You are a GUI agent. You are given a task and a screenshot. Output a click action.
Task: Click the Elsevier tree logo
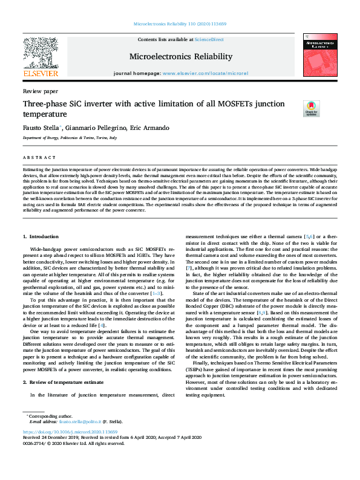pyautogui.click(x=40, y=52)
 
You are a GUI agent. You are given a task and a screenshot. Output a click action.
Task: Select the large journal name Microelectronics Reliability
pyautogui.click(x=181, y=57)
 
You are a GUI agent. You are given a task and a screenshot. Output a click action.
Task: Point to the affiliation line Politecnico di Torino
pyautogui.click(x=63, y=138)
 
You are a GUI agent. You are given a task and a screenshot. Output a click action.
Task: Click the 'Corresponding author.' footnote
pyautogui.click(x=52, y=415)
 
